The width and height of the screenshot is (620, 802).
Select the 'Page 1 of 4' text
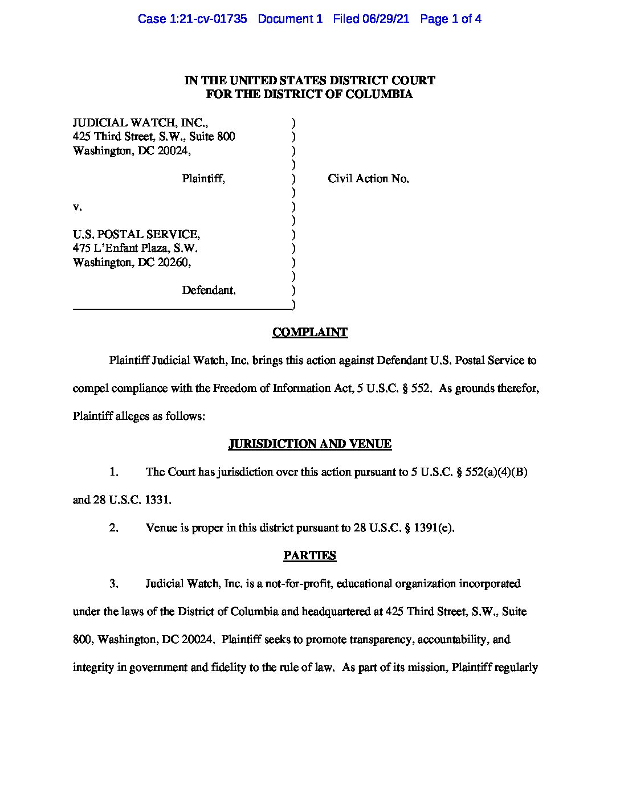pos(451,19)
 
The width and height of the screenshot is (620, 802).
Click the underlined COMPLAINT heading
pos(309,332)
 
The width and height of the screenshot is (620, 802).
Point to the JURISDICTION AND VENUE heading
pos(309,444)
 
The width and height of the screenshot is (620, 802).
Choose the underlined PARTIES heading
pos(309,555)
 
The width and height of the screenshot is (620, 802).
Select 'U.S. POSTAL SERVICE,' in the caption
pos(136,234)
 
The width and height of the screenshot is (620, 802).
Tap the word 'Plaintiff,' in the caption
pos(203,178)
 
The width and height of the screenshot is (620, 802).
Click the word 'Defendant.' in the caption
pos(209,290)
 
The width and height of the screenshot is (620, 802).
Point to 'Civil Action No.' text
pos(368,178)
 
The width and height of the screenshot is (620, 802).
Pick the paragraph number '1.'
pos(114,472)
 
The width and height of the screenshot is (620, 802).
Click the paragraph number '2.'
pos(114,527)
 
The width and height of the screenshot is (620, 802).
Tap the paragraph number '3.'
pos(114,583)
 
